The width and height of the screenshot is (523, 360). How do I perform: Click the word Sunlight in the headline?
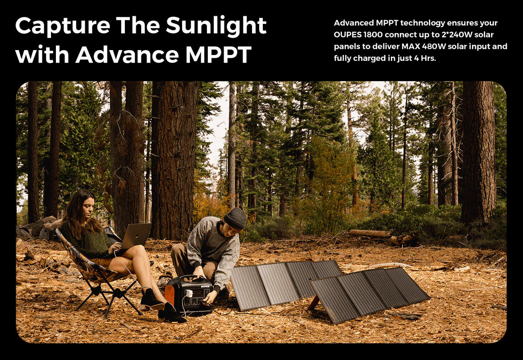tap(216, 26)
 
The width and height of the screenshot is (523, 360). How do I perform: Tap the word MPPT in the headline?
tap(218, 55)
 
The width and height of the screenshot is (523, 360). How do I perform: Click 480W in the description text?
tap(434, 46)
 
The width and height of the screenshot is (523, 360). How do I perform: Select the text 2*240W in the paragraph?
tap(456, 35)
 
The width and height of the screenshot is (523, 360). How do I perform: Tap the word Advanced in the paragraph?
tap(353, 23)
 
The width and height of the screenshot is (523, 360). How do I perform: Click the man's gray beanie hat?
tap(235, 218)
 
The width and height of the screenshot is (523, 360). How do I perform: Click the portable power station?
tap(189, 295)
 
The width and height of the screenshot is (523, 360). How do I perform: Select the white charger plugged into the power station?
tap(189, 293)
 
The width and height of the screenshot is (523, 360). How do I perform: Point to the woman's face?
tap(88, 207)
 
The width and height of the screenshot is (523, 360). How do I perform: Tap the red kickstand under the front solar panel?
tap(313, 303)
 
